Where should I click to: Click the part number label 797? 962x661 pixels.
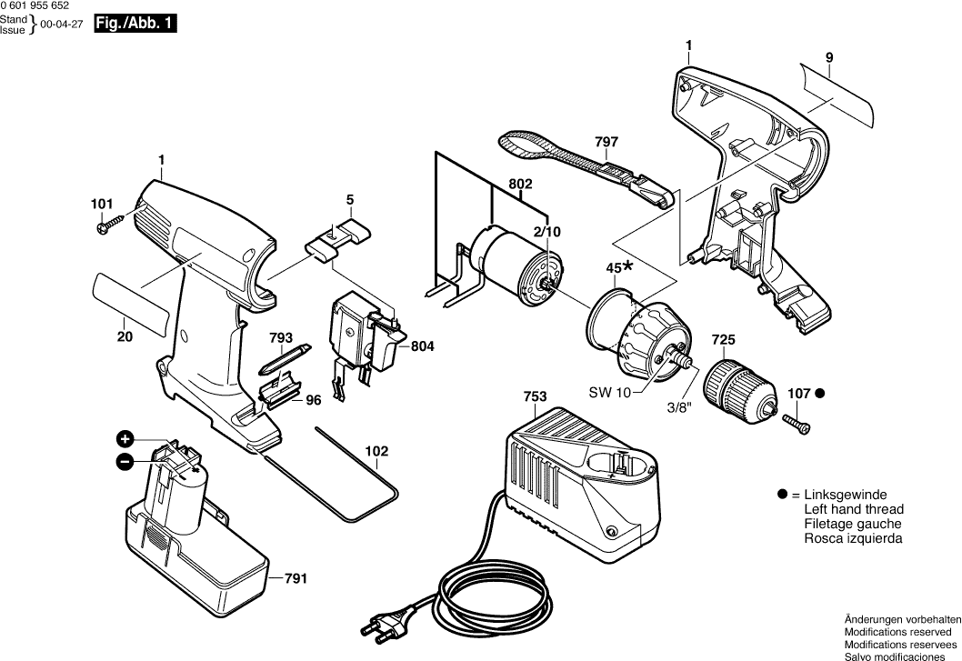pos(606,142)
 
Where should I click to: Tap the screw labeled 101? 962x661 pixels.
pos(109,224)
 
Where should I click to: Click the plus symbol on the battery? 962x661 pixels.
pos(125,438)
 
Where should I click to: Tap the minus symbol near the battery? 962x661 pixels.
pos(125,462)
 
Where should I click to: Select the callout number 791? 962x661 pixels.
pos(295,577)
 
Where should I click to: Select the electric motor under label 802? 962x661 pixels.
pos(511,263)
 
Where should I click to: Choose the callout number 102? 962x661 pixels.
pos(376,451)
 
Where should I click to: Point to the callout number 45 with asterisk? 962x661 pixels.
pos(619,267)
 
